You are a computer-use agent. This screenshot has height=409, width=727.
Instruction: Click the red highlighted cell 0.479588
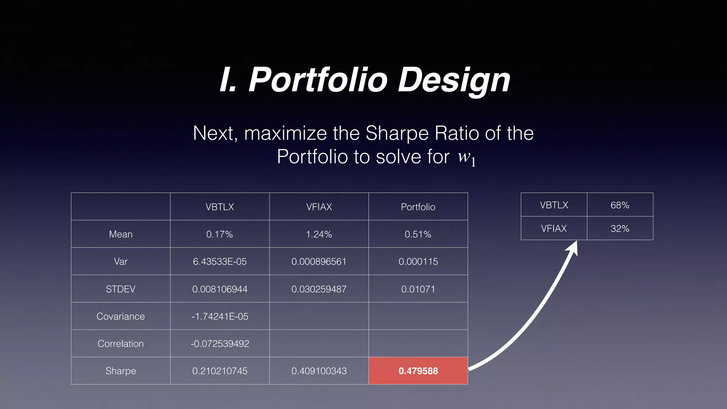point(418,371)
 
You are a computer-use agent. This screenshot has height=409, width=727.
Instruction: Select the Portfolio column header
point(418,207)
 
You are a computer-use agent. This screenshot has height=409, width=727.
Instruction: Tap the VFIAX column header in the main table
point(319,207)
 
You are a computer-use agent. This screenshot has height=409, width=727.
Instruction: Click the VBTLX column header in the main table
point(220,207)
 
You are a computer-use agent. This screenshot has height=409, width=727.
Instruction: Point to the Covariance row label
point(121,316)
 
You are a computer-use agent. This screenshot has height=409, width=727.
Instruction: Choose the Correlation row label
point(121,343)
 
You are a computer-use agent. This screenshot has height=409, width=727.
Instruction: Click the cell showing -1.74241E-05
point(220,316)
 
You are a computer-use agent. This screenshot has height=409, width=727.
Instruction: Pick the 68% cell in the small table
point(620,205)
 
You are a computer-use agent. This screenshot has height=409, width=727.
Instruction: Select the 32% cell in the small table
point(620,228)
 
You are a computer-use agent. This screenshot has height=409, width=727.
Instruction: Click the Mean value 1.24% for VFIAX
point(319,234)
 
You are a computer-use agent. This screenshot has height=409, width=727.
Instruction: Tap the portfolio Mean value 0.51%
point(418,234)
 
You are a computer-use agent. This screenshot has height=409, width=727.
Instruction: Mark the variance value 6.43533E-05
point(220,261)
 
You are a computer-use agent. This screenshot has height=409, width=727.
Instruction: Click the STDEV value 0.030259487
point(319,289)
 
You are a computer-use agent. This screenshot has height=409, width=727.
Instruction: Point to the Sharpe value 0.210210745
point(220,371)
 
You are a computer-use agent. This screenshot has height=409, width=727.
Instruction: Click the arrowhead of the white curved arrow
point(573,248)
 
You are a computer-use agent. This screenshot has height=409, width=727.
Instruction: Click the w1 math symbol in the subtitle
point(466,157)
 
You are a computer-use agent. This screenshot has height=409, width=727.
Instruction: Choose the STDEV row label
point(121,289)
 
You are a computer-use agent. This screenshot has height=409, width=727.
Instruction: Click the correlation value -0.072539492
point(220,343)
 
